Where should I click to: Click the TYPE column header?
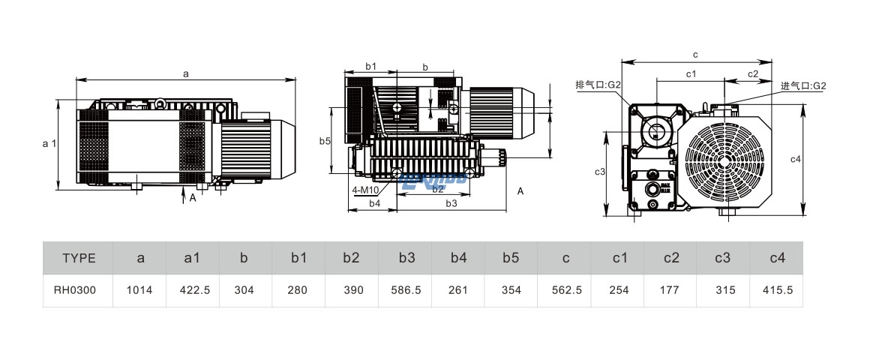[79, 258]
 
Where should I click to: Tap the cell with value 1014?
[140, 290]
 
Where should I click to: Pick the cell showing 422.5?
[192, 290]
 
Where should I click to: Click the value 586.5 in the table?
[406, 290]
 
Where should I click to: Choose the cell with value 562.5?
[565, 290]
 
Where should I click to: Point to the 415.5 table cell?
[777, 290]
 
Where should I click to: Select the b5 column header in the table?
[511, 258]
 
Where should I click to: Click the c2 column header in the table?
[671, 258]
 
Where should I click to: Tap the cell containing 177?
[671, 290]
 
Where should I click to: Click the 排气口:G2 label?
[598, 85]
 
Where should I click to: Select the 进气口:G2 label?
[802, 85]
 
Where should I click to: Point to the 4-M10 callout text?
[364, 190]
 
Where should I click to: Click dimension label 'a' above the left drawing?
[185, 73]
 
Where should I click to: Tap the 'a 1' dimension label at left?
[49, 143]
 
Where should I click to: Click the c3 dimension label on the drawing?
[600, 172]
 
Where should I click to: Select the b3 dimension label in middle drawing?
[451, 203]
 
